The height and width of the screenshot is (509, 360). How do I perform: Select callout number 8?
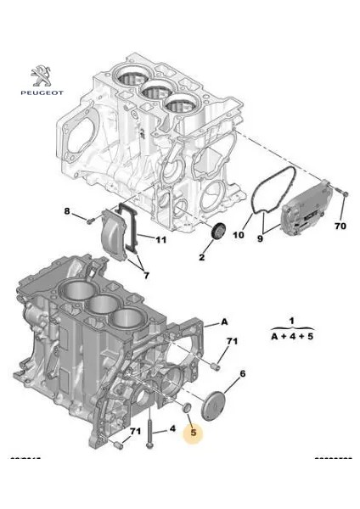click(x=69, y=210)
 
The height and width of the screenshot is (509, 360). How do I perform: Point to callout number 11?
click(x=161, y=240)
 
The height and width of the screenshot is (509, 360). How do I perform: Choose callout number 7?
click(x=145, y=276)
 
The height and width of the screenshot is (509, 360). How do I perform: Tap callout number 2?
click(x=203, y=257)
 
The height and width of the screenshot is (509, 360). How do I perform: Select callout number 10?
click(x=239, y=235)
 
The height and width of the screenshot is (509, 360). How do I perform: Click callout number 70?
click(x=340, y=227)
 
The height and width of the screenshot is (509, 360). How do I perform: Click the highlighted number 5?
click(x=194, y=433)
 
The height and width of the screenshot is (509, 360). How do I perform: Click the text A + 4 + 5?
click(x=290, y=337)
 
